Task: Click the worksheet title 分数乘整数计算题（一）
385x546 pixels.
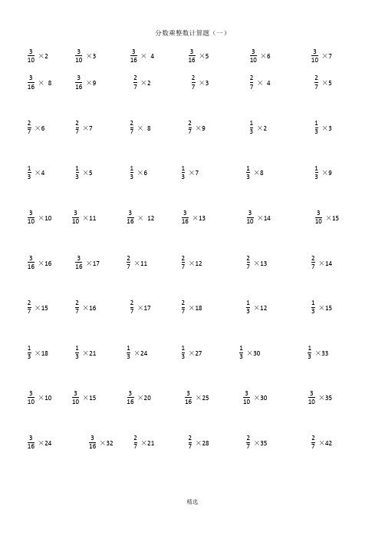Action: tap(192, 33)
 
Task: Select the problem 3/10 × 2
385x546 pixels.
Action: tap(38, 56)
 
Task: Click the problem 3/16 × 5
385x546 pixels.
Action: tap(199, 56)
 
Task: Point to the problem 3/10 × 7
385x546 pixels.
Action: tap(321, 56)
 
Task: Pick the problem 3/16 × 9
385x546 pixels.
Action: tap(86, 82)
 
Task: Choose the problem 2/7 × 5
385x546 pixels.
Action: tap(323, 82)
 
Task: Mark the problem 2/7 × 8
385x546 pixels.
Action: tap(140, 127)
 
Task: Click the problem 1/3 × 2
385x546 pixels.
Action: tap(258, 127)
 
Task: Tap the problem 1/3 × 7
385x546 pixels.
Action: tap(189, 173)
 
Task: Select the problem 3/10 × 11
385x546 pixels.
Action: tap(84, 218)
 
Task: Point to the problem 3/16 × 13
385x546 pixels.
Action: tap(193, 218)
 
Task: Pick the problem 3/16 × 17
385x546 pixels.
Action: tap(87, 263)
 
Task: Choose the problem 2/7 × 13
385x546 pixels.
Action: tap(256, 263)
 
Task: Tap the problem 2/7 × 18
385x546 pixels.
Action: tap(192, 308)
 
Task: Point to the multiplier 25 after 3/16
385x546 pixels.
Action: tap(202, 398)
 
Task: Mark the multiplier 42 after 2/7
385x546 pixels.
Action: tap(325, 443)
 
